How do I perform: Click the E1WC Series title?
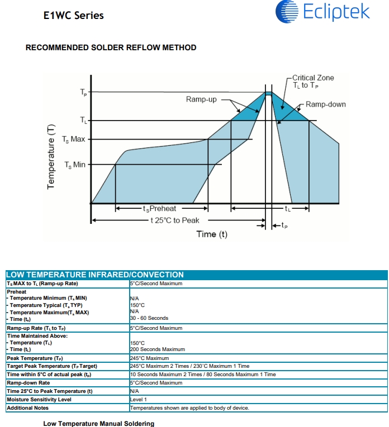pos(73,15)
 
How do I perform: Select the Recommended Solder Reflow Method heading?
pos(111,48)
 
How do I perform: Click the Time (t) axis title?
pos(212,234)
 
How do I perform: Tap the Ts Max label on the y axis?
pos(73,139)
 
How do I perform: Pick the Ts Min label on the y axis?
pos(75,165)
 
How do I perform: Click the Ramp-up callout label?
pos(201,99)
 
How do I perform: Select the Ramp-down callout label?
pos(325,104)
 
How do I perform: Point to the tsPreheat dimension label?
pos(162,209)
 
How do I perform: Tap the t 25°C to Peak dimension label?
pos(174,220)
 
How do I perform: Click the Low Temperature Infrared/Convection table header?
pos(95,275)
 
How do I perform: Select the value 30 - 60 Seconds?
pos(149,318)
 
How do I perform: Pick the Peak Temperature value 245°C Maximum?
pos(149,358)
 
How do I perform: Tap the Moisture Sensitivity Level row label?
pos(39,400)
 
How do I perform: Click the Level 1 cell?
pos(138,400)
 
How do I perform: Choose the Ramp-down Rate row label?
pos(29,383)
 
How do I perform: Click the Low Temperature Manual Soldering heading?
pos(98,424)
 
